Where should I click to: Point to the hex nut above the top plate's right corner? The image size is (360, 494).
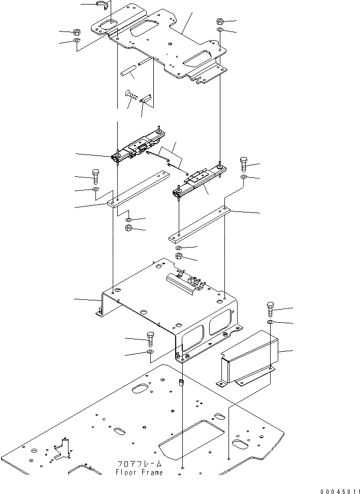(221, 21)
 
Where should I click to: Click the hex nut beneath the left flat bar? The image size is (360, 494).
(129, 228)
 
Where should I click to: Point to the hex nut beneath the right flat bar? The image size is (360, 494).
(180, 256)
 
